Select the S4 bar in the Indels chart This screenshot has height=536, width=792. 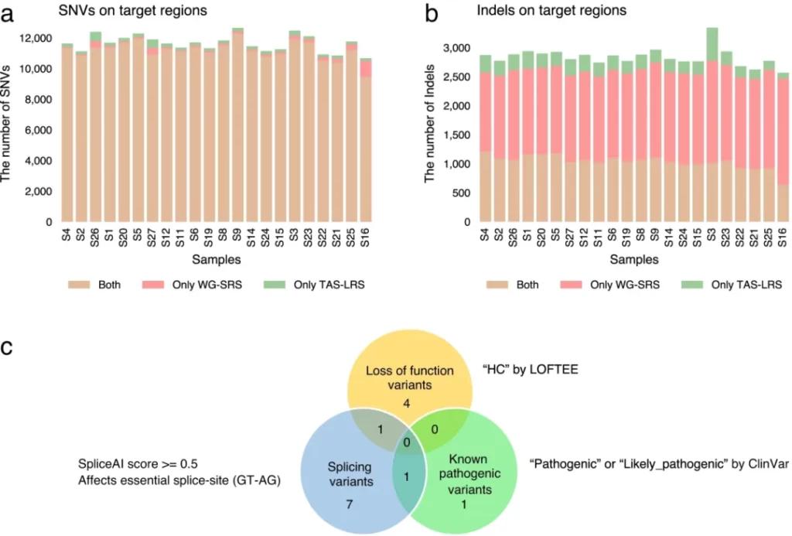click(486, 138)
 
